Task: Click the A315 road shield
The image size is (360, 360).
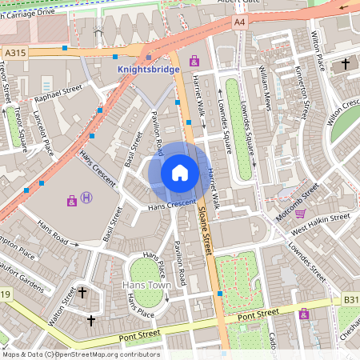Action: pos(15,53)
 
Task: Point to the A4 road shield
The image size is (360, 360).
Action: pos(240,23)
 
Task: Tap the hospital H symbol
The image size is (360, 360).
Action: pos(87,198)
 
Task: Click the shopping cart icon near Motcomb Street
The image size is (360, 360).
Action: pos(300,213)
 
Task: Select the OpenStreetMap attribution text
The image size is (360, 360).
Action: pos(80,354)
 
